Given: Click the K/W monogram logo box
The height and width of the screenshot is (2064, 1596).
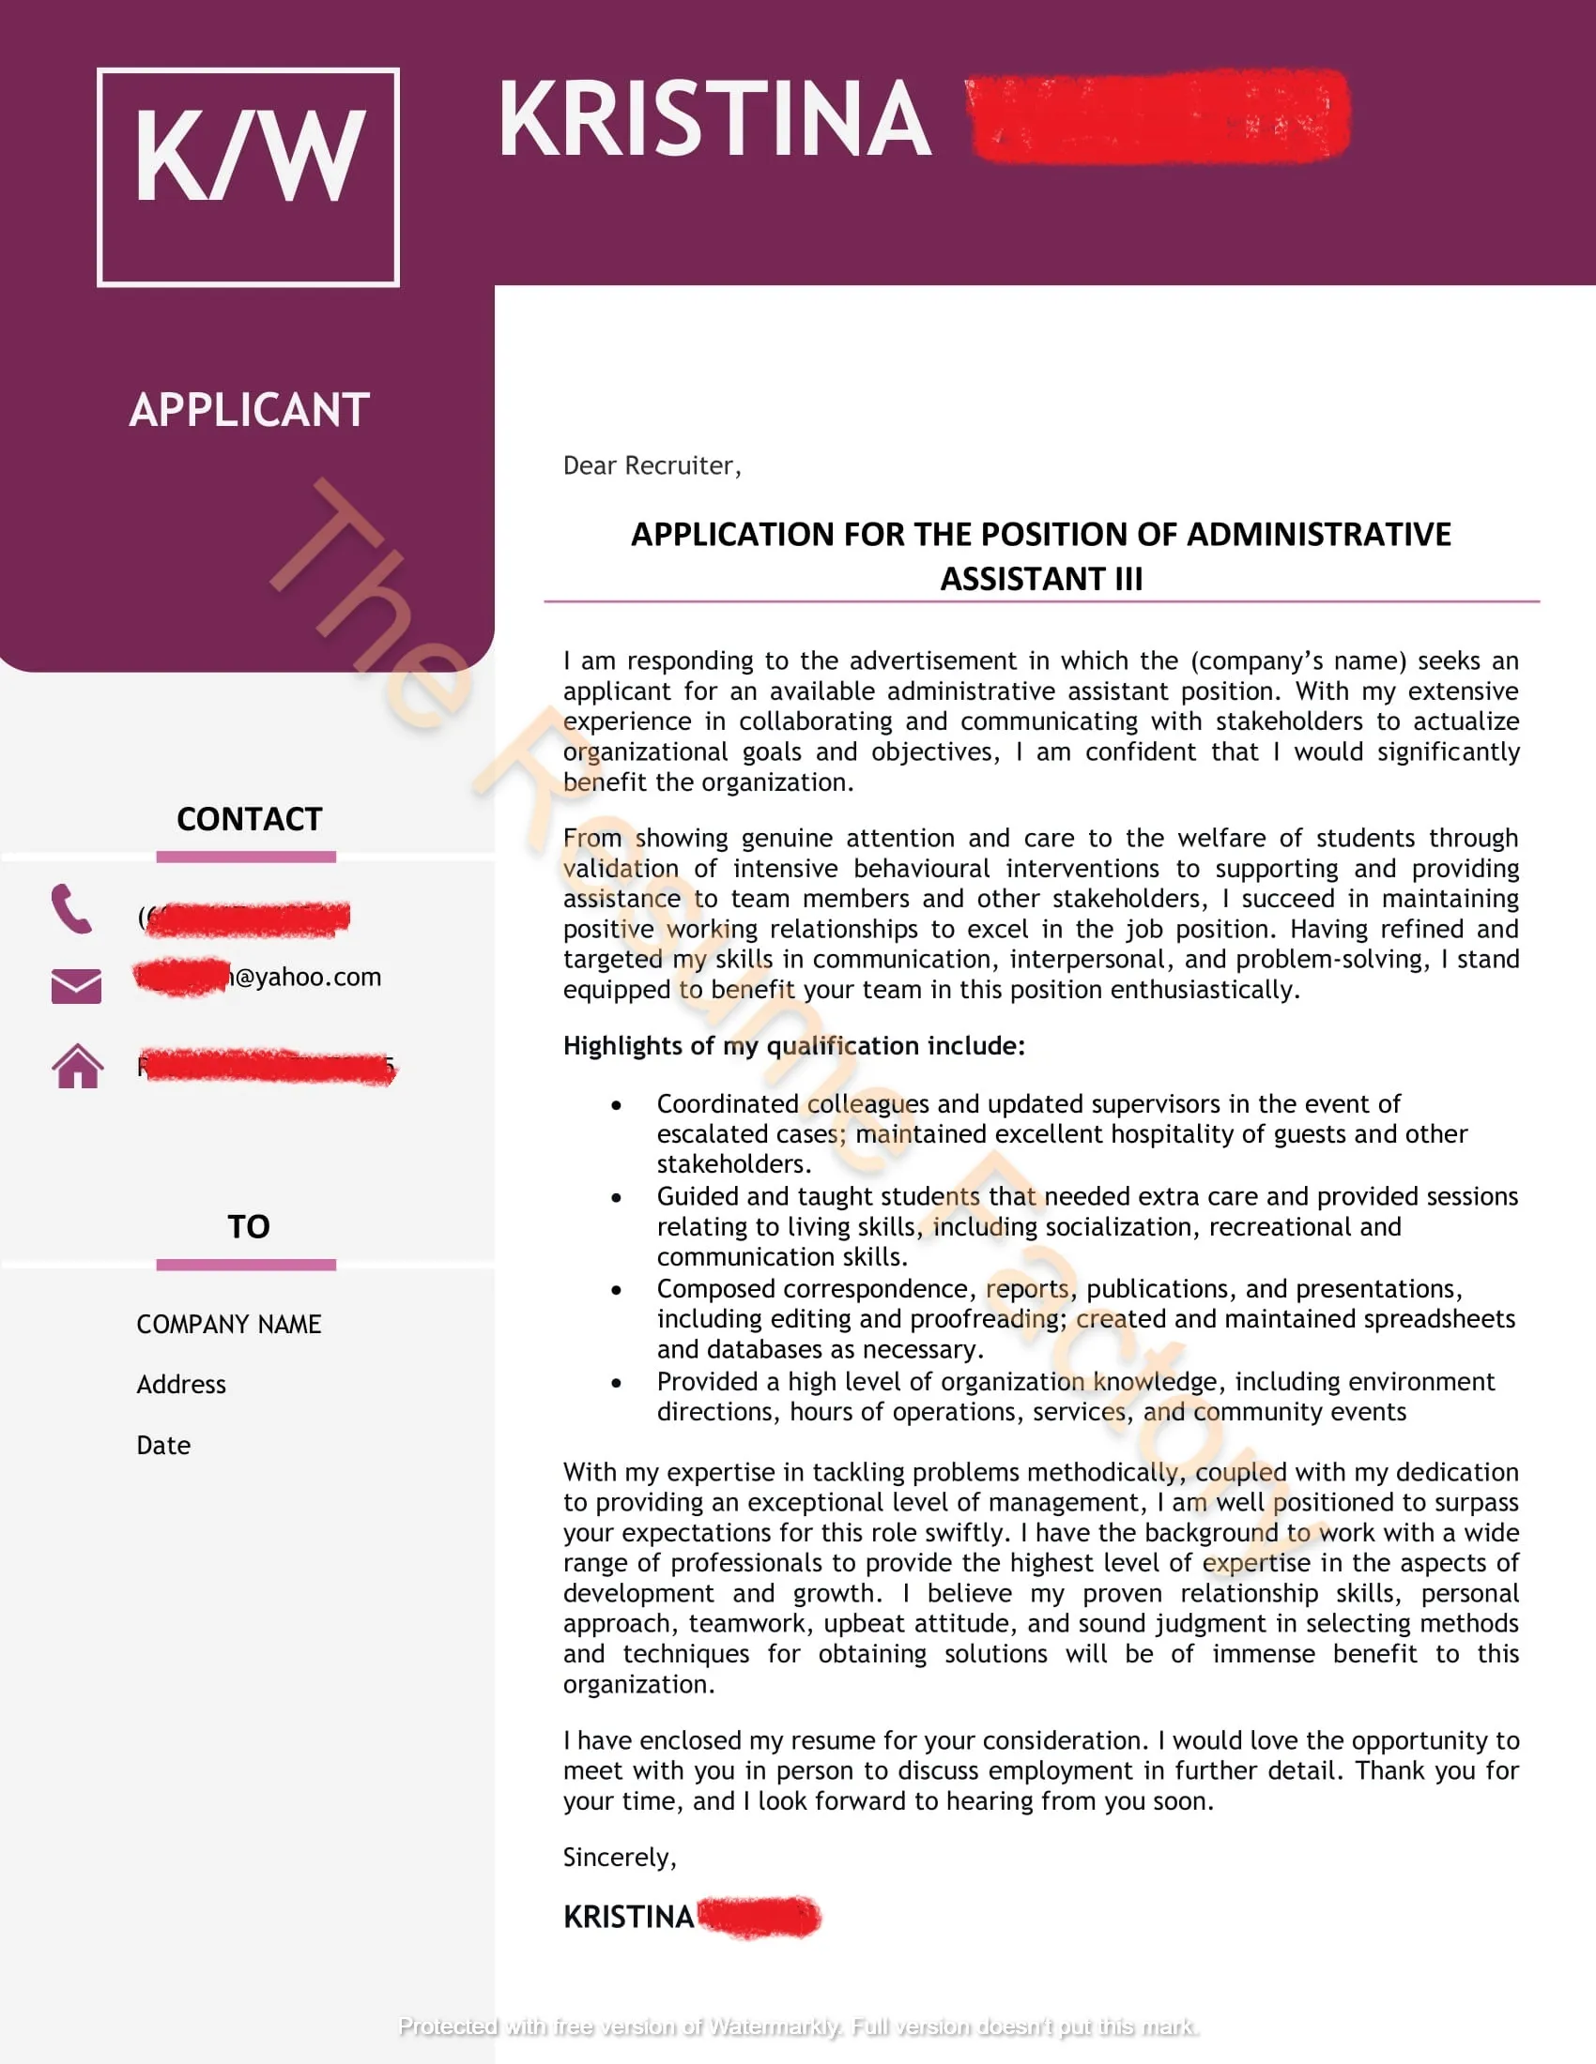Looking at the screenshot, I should pos(248,176).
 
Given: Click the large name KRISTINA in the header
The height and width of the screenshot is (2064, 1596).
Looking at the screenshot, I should pos(714,119).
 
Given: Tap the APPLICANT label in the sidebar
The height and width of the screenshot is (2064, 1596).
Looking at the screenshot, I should pos(249,410).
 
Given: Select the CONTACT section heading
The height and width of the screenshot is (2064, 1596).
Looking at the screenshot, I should pos(249,818).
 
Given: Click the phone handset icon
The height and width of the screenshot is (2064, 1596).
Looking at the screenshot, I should pos(72,909).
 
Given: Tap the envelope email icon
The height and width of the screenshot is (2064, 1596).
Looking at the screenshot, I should pos(77,986).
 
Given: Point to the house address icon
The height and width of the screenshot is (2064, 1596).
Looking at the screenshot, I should pos(78,1066).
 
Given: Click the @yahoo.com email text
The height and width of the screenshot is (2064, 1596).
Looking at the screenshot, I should pos(304,977).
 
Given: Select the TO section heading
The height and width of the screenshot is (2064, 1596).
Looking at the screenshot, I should pos(249,1227).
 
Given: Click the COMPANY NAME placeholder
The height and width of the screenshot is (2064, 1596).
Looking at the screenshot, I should pos(229,1324).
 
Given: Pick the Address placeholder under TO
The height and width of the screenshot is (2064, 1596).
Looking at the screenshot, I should pos(181,1385).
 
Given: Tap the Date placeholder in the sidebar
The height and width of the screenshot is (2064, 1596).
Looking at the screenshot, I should pos(163,1445).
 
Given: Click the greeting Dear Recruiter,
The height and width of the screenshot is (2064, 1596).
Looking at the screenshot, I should pos(652,466).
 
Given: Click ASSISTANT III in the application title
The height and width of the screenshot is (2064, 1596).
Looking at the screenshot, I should pos(1041,578).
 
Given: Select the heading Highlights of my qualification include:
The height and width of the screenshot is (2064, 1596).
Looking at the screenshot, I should pos(793,1045).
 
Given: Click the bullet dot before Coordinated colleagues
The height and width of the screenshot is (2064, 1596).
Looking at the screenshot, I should pos(617,1105).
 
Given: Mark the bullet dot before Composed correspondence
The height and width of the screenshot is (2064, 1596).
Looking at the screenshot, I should pos(617,1290).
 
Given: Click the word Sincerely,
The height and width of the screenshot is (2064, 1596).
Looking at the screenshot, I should pos(620,1857).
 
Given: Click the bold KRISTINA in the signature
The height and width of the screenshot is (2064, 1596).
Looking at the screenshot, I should pos(629,1917).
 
